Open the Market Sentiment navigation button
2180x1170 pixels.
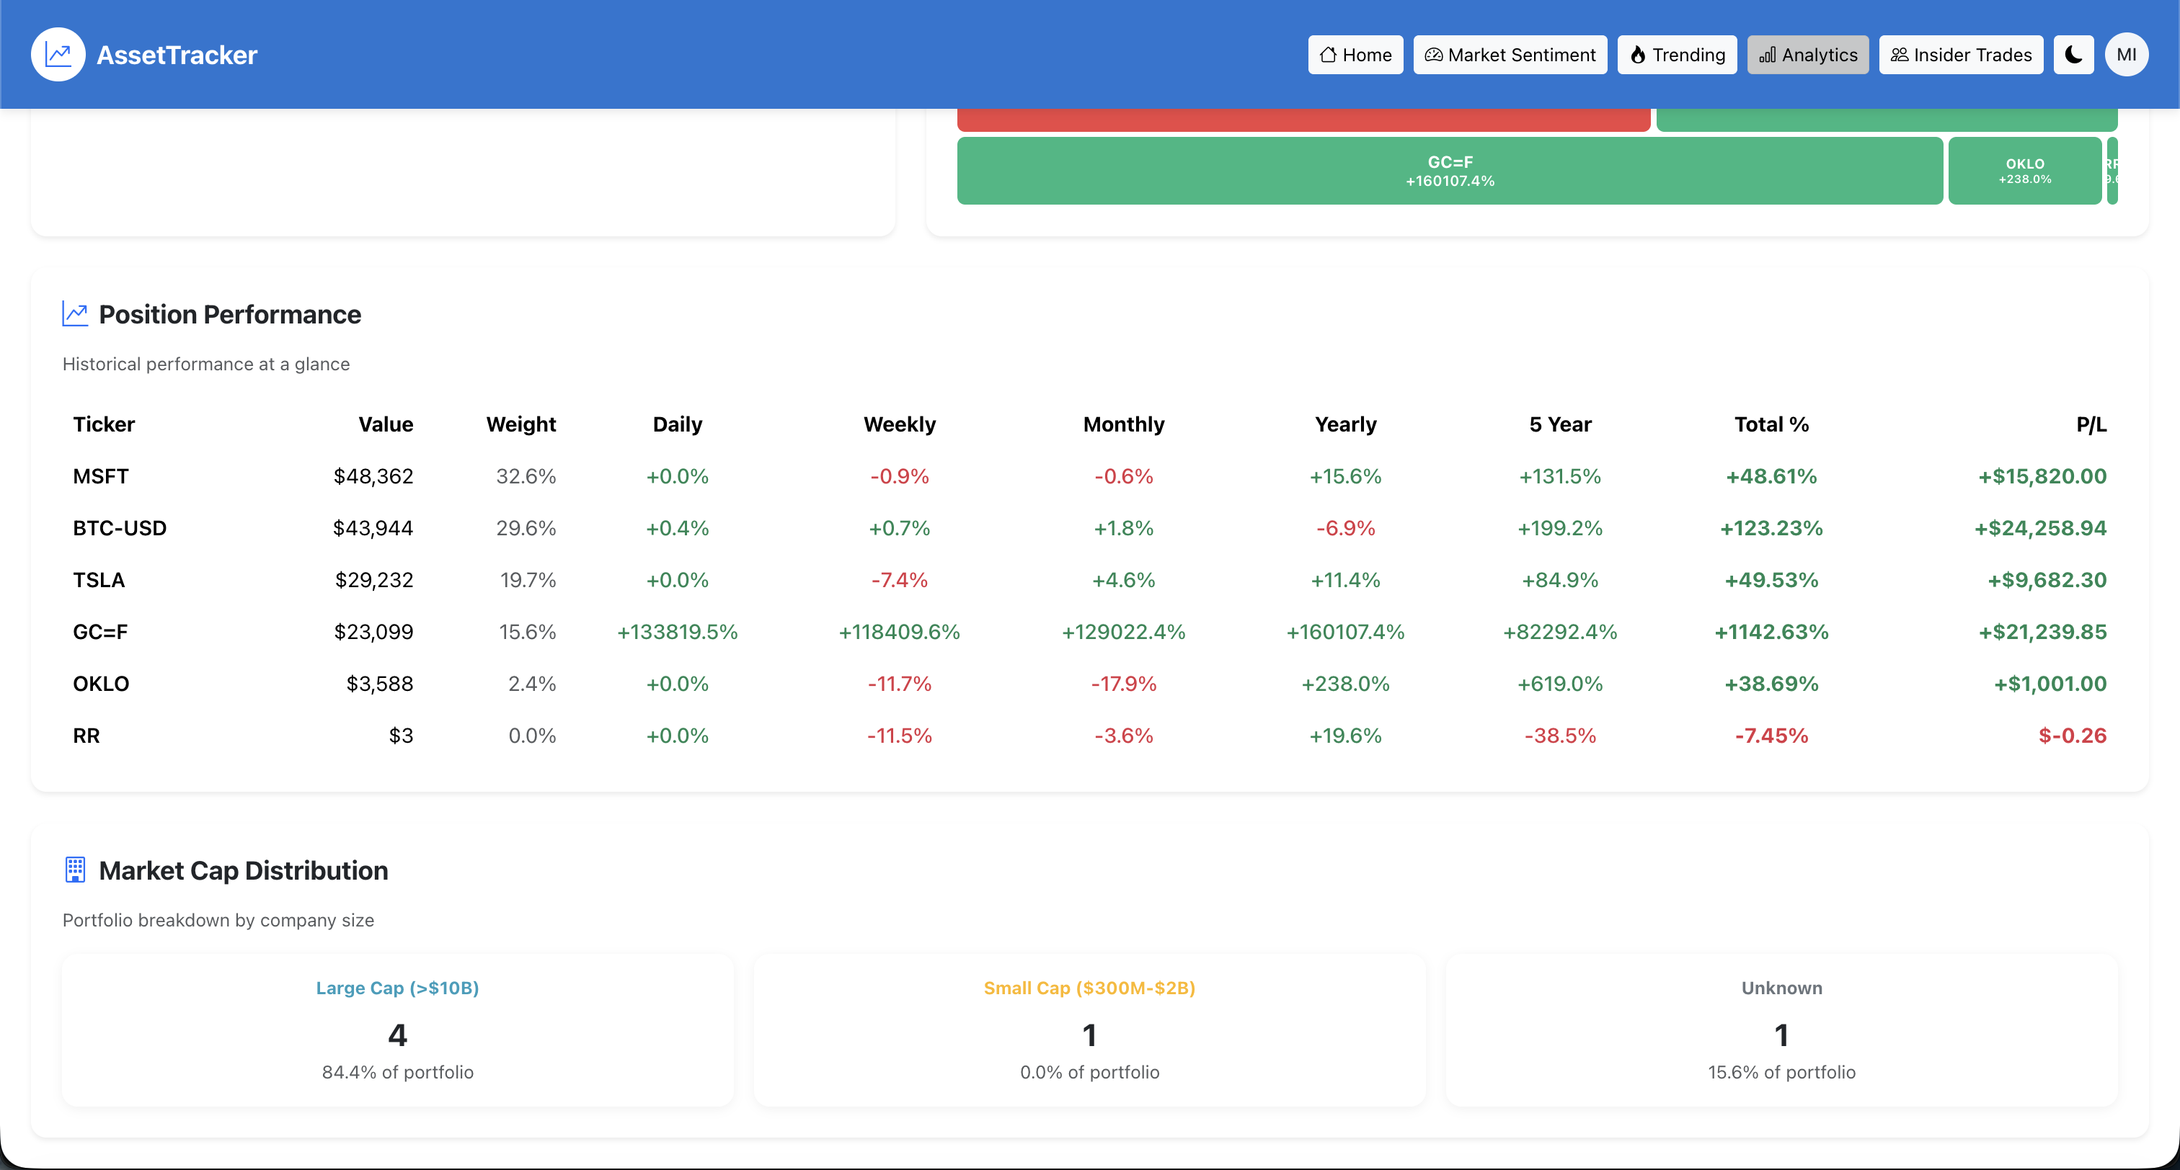coord(1510,55)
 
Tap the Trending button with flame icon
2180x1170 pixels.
coord(1677,55)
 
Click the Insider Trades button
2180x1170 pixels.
coord(1961,55)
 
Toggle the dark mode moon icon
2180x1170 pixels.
coord(2073,55)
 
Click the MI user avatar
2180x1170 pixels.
coord(2126,55)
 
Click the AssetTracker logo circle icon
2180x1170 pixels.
coord(58,55)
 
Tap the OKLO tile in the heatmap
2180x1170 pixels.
coord(2024,170)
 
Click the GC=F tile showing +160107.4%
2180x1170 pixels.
coord(1450,170)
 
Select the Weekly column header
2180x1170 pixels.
coord(899,424)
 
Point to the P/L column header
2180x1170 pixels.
coord(2091,424)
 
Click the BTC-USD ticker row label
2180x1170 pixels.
coord(120,528)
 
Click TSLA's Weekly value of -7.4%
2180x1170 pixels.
coord(899,581)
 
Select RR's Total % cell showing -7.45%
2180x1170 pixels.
coord(1771,736)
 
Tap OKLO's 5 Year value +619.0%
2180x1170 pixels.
coord(1560,684)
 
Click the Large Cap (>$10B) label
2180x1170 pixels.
coord(397,988)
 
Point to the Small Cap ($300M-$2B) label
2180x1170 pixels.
coord(1089,988)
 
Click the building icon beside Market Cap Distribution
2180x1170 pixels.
coord(75,870)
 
